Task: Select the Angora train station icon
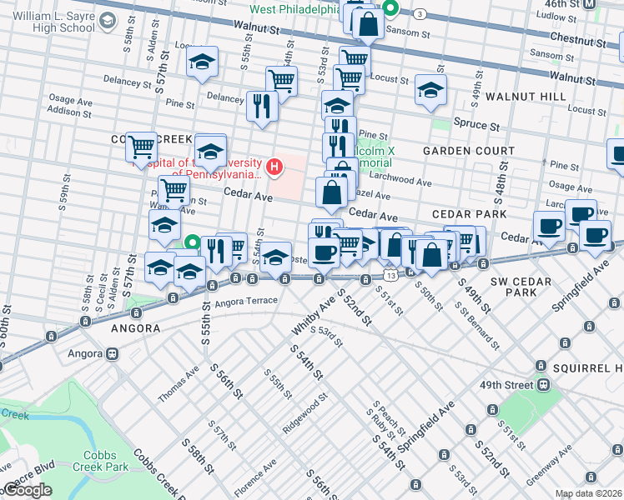[x=110, y=354]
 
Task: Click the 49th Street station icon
[x=544, y=386]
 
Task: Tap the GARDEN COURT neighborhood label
[x=465, y=151]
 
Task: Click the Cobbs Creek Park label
[x=105, y=461]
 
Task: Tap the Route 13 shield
[x=390, y=274]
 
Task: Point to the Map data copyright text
[x=588, y=493]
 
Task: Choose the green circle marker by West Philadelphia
[x=390, y=11]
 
